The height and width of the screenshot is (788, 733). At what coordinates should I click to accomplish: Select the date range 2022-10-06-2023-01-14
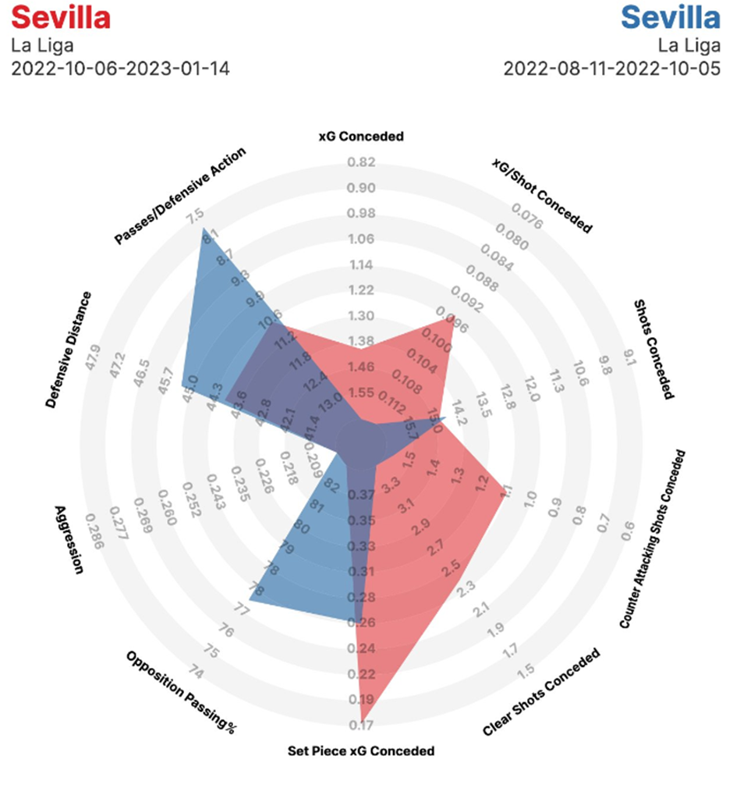(x=120, y=68)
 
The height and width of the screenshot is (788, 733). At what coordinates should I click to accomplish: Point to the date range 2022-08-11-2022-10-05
(x=612, y=68)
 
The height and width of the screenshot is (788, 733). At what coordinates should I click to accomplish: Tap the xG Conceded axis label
(x=361, y=137)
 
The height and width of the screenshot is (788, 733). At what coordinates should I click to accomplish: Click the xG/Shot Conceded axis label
(x=542, y=195)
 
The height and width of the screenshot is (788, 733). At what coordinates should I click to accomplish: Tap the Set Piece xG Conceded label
(x=361, y=751)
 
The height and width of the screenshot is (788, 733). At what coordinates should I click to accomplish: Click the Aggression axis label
(x=69, y=538)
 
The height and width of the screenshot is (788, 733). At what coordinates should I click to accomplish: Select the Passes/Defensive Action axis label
(x=180, y=195)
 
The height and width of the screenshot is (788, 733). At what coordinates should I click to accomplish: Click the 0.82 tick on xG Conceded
(x=361, y=163)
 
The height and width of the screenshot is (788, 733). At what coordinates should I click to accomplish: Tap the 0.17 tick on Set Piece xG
(x=361, y=725)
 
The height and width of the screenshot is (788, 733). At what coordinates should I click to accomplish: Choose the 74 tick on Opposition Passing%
(x=197, y=673)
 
